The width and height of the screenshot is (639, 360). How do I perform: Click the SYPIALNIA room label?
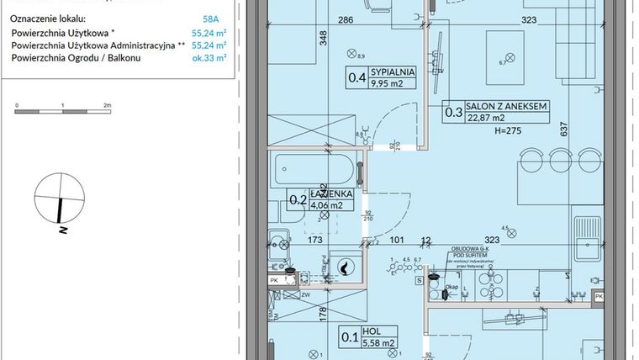coord(395,74)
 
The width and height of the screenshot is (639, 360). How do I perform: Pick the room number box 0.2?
coord(298,199)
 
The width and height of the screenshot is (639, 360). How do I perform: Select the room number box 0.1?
coord(346,338)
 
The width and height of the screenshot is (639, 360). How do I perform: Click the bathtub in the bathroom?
coord(314,172)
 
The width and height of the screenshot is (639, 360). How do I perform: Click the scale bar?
coord(63,111)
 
